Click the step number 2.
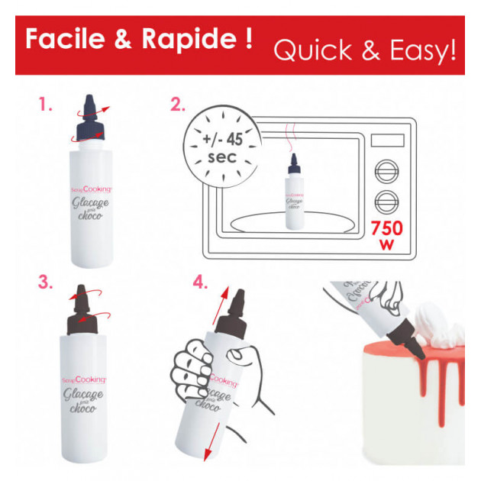pyautogui.click(x=178, y=105)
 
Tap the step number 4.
pyautogui.click(x=200, y=282)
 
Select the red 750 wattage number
pyautogui.click(x=389, y=228)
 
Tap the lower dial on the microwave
pyautogui.click(x=388, y=203)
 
